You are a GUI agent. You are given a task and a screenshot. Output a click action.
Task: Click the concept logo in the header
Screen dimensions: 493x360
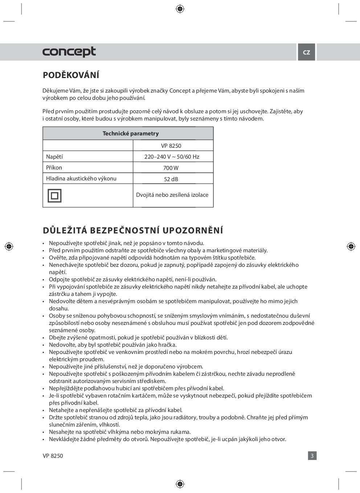(69, 52)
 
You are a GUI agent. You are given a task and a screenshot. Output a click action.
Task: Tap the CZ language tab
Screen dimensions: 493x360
(307, 52)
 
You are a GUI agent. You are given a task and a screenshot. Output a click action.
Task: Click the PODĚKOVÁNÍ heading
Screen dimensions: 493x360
(71, 75)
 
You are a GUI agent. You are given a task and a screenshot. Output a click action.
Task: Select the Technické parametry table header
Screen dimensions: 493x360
(131, 133)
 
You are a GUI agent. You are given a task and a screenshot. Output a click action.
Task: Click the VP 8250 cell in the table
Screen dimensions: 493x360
(171, 146)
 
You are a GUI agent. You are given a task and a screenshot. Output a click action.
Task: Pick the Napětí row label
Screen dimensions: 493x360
(54, 157)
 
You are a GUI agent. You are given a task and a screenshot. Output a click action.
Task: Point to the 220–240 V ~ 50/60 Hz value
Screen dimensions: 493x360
(172, 157)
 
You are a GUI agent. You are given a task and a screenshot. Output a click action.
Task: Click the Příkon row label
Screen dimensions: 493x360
(54, 168)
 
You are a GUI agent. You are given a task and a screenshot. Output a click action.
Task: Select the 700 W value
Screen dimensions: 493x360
(171, 168)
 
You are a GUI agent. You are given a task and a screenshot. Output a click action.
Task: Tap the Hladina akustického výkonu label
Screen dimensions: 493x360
(81, 179)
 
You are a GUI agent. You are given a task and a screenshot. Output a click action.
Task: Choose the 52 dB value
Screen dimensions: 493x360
(171, 179)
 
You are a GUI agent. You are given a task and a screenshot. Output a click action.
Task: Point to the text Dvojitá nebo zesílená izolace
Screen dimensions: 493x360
(172, 195)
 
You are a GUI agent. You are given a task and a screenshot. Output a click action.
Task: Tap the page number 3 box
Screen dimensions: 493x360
(312, 456)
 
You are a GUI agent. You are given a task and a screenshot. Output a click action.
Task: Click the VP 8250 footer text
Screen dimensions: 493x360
(53, 456)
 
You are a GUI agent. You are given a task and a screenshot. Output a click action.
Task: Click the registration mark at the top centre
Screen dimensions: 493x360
(180, 9)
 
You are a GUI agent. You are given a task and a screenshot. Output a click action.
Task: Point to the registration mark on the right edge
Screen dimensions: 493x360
(351, 246)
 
